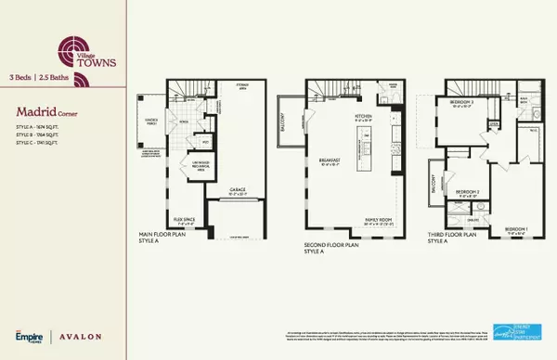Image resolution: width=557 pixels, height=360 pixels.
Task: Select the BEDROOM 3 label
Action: coord(463,100)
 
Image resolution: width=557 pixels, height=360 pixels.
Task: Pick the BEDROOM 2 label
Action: coord(466,193)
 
